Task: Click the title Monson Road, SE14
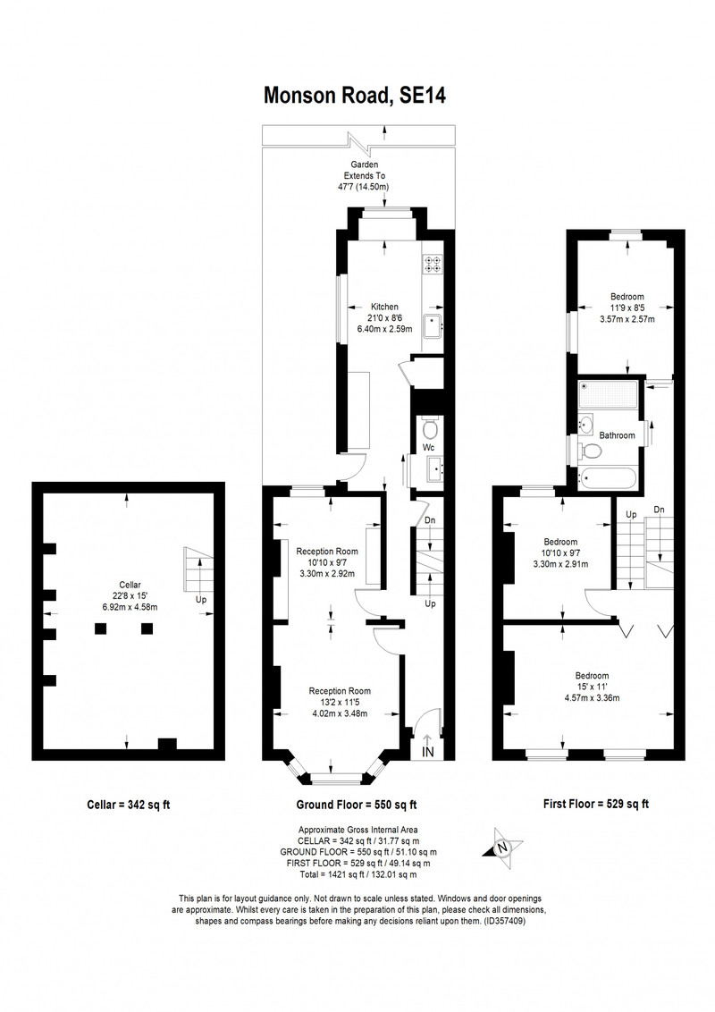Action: pos(354,96)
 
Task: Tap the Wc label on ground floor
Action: pos(428,447)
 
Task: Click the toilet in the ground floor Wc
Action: pos(430,427)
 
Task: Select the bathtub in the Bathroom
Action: pos(608,479)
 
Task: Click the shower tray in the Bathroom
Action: pos(608,394)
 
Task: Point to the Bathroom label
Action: pos(617,435)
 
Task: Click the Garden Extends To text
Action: pos(365,170)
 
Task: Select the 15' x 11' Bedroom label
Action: pos(593,686)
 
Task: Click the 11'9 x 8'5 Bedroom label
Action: pos(627,308)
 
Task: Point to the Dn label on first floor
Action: pos(659,510)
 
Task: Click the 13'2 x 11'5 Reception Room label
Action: pos(340,702)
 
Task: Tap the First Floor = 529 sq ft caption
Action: pos(595,804)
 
